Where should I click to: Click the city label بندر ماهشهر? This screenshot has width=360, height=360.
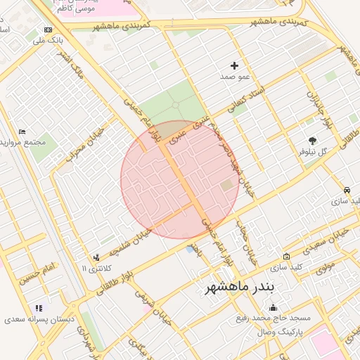tap(243, 288)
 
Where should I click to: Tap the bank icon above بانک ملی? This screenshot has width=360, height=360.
tap(48, 30)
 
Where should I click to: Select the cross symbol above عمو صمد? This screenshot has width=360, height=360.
tap(235, 65)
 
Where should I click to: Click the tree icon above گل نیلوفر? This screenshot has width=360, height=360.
tap(312, 141)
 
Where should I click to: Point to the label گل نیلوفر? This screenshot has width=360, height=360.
tap(314, 151)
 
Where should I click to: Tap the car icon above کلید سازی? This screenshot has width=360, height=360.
tap(347, 191)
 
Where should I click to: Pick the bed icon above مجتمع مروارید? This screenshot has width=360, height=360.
tap(22, 131)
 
